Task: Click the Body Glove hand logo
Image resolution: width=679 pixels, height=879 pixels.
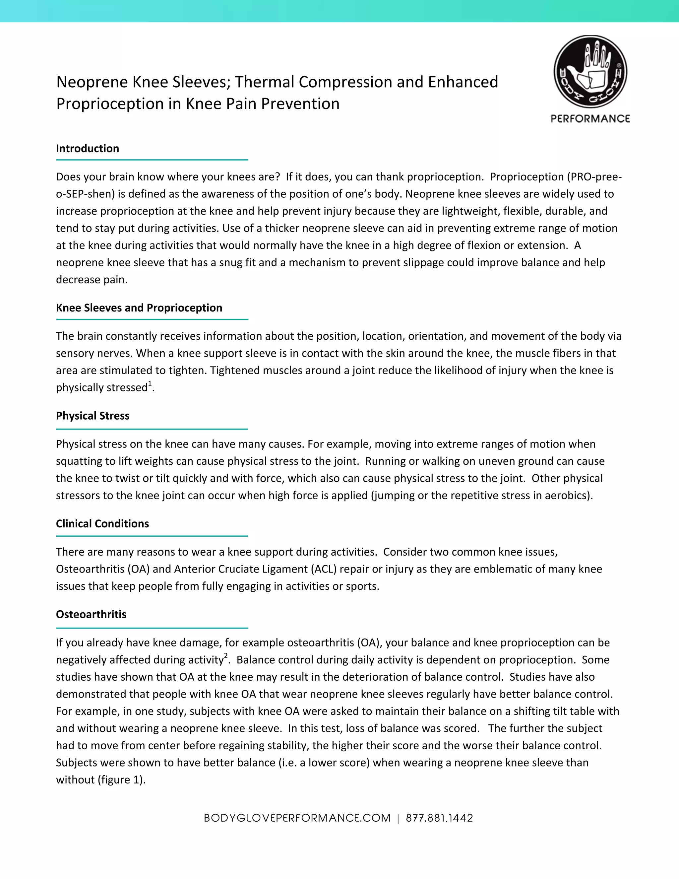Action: coord(590,72)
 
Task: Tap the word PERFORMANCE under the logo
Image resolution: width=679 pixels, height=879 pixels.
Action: coord(590,119)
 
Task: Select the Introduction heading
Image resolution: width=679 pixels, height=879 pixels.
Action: coord(87,149)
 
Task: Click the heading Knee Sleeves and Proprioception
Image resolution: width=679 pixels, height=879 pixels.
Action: coord(139,308)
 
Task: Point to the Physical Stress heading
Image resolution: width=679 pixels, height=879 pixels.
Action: coord(93,416)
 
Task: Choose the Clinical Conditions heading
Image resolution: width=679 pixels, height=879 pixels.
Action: coord(102,524)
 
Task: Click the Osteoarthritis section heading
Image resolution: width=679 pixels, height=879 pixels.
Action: coord(91,614)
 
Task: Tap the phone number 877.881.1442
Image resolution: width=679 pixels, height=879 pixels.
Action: coord(439,818)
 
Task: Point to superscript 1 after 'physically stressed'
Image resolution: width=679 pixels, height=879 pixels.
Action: coord(150,383)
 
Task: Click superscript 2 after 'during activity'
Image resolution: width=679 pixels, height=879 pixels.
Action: coord(226,656)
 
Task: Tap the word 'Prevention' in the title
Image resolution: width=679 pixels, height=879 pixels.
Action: coord(300,104)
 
